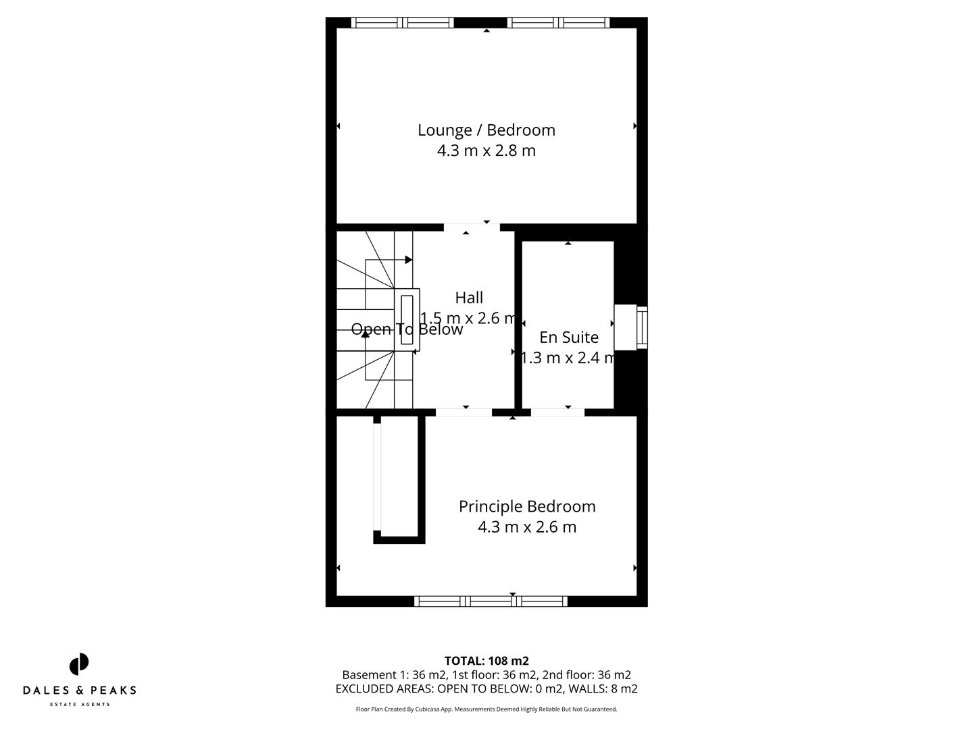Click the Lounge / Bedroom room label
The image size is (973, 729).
pyautogui.click(x=486, y=130)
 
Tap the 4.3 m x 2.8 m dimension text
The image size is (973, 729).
pyautogui.click(x=486, y=151)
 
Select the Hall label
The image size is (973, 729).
pyautogui.click(x=469, y=298)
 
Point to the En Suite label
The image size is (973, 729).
pyautogui.click(x=568, y=337)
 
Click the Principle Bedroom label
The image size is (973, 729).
pyautogui.click(x=527, y=506)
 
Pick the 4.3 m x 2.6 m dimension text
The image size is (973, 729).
pyautogui.click(x=527, y=527)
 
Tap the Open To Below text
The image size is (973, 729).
pyautogui.click(x=407, y=329)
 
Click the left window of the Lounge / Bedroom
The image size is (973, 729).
pyautogui.click(x=403, y=23)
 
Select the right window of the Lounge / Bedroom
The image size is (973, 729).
pyautogui.click(x=558, y=23)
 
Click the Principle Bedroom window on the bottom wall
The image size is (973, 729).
pyautogui.click(x=491, y=601)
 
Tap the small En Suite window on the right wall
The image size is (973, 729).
pyautogui.click(x=641, y=327)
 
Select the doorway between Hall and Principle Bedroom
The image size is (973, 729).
pyautogui.click(x=464, y=412)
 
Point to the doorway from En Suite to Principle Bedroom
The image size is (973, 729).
pyautogui.click(x=557, y=412)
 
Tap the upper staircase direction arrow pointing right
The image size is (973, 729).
pyautogui.click(x=408, y=260)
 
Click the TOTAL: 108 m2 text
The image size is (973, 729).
pyautogui.click(x=487, y=661)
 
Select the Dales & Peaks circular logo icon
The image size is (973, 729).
pyautogui.click(x=79, y=664)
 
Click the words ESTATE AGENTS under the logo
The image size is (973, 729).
pyautogui.click(x=80, y=705)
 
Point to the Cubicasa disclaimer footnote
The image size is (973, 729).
pyautogui.click(x=487, y=709)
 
